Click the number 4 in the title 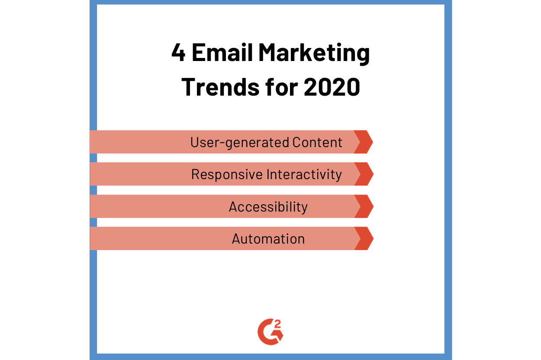[x=178, y=52]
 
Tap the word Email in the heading [x=222, y=52]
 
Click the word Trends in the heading [x=220, y=87]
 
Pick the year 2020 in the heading [x=332, y=87]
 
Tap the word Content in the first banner [x=317, y=142]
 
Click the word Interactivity [x=304, y=174]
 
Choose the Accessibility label [x=268, y=207]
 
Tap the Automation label [x=268, y=239]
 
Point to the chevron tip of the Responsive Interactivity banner [x=374, y=174]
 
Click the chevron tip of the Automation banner [x=374, y=238]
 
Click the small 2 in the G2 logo [x=278, y=324]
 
